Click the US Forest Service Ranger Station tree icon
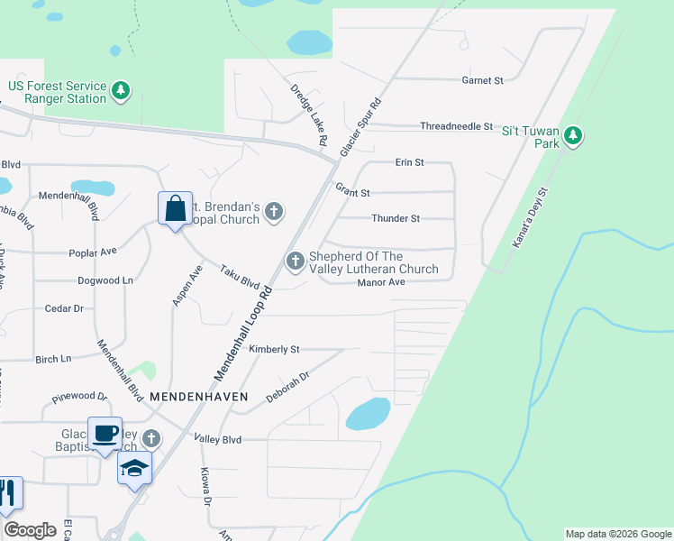pos(121,90)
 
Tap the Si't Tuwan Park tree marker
pos(573,137)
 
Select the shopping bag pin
pos(175,208)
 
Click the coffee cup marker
pos(105,432)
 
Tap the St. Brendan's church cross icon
pos(275,213)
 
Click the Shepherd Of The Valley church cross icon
pos(295,261)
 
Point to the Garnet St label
pos(482,80)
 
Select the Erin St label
pos(409,162)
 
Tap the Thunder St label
pos(396,218)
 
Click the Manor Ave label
pos(381,282)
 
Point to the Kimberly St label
pos(275,349)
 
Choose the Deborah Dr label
pos(287,387)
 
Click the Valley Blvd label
pos(218,439)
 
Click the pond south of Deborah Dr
pos(368,414)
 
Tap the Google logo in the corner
pos(30,530)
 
